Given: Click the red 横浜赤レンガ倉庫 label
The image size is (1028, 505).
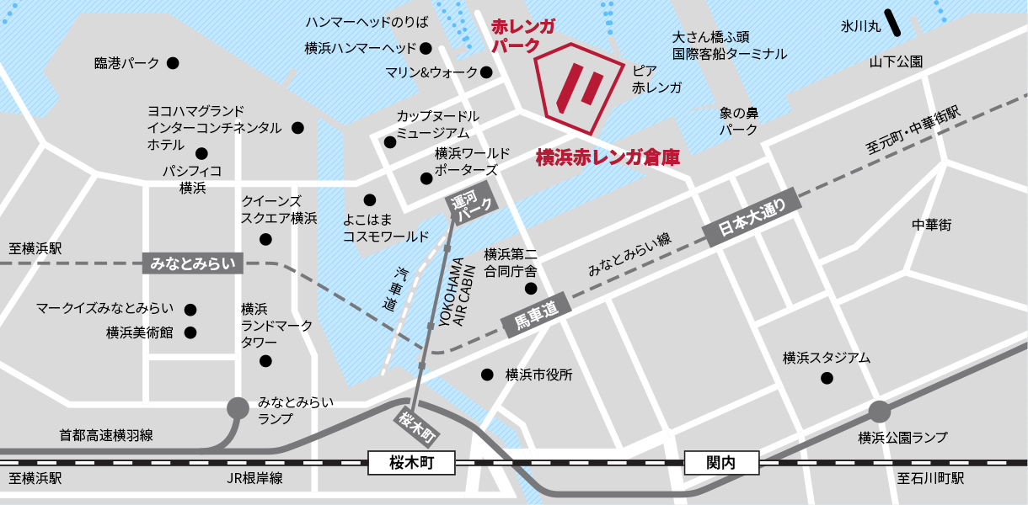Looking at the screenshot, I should click(x=608, y=157).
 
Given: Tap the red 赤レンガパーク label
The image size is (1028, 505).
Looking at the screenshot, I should click(x=522, y=36).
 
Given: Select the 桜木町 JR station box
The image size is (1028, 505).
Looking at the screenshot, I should click(x=411, y=462).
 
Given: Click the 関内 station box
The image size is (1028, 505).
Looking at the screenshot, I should click(x=721, y=462).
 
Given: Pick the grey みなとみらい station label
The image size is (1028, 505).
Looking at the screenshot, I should click(x=194, y=263).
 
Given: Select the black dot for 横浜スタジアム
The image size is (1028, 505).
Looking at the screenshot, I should click(x=826, y=378).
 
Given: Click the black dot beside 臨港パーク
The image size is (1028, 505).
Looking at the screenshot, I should click(x=173, y=63).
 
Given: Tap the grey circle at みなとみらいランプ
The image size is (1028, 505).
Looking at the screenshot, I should click(x=238, y=408).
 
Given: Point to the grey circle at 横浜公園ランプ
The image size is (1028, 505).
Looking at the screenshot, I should click(x=880, y=412).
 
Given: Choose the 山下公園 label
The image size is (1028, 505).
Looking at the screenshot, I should click(x=897, y=61).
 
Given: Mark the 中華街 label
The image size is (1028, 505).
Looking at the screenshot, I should click(x=932, y=225).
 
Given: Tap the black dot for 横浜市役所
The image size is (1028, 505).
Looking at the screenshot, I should click(x=486, y=375).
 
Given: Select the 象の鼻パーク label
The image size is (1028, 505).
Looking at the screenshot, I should click(x=738, y=121).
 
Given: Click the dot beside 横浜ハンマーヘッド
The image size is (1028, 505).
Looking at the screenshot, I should click(x=426, y=48).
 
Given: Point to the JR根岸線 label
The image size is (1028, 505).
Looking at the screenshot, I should click(x=254, y=478).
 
